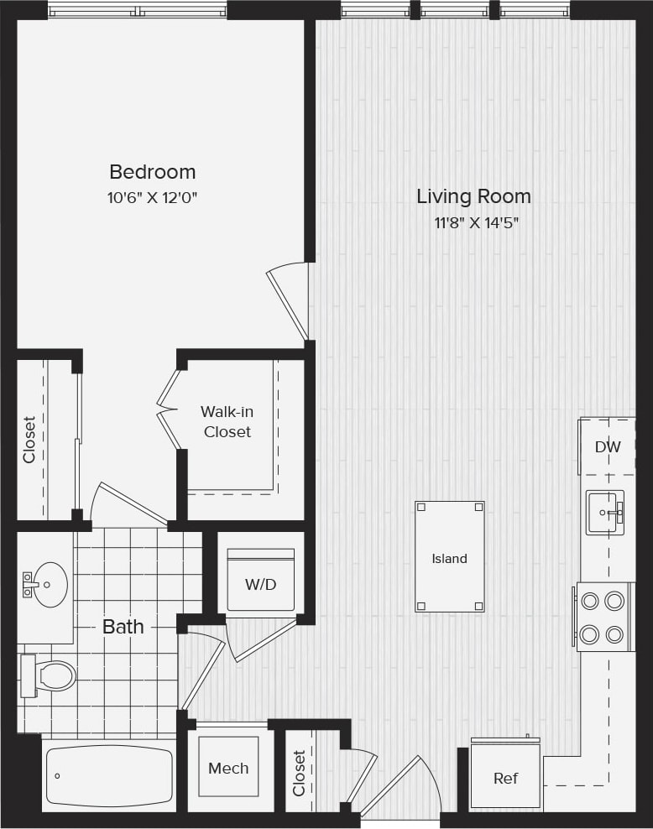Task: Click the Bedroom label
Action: [x=152, y=172]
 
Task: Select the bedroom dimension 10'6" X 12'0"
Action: [x=152, y=198]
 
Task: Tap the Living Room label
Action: [x=473, y=196]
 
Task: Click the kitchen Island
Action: [x=449, y=557]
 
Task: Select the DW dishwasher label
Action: [x=608, y=447]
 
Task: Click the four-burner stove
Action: [x=603, y=617]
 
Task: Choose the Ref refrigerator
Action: [x=505, y=778]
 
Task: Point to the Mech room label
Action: [x=228, y=768]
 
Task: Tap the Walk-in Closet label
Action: [x=227, y=422]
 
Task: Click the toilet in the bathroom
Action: [x=50, y=675]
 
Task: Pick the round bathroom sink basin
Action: [x=50, y=584]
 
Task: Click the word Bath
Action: [x=123, y=627]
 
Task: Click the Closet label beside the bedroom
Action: [x=29, y=440]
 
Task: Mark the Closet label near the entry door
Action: [x=300, y=773]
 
